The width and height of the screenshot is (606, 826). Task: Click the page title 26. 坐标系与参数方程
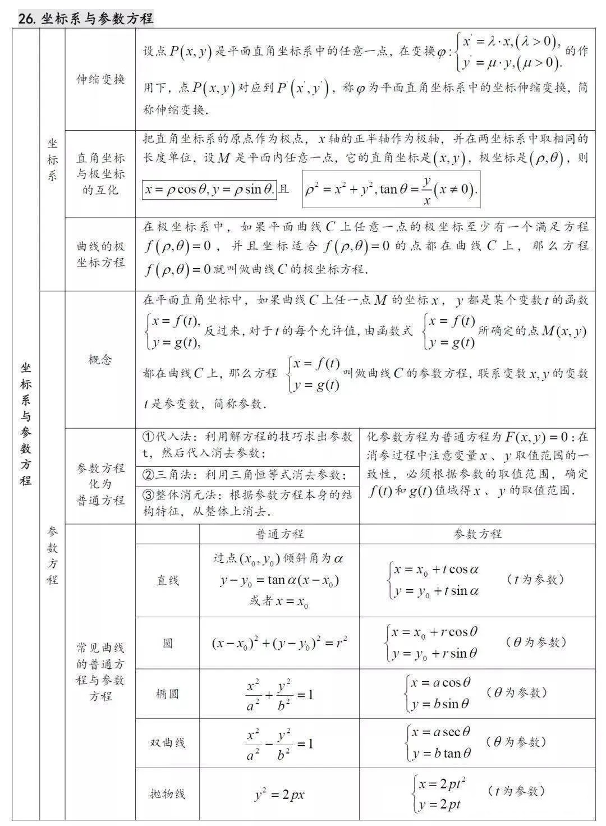pyautogui.click(x=85, y=19)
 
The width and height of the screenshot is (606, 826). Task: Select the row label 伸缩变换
pyautogui.click(x=100, y=79)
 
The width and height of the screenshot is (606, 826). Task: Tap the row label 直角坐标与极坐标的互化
pyautogui.click(x=100, y=174)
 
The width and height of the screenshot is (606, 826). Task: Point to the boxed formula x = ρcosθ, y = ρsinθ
pyautogui.click(x=209, y=190)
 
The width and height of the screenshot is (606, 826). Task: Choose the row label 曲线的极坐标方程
pyautogui.click(x=100, y=254)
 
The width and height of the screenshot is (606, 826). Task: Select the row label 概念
pyautogui.click(x=100, y=360)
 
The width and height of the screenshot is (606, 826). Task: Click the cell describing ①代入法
pyautogui.click(x=247, y=444)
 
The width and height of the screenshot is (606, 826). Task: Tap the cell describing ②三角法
pyautogui.click(x=247, y=475)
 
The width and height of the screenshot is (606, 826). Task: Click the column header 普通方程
pyautogui.click(x=279, y=534)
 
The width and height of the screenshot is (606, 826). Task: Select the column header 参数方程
pyautogui.click(x=477, y=534)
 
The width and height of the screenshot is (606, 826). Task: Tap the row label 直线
pyautogui.click(x=167, y=580)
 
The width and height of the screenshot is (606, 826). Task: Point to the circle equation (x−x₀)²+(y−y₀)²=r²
pyautogui.click(x=279, y=643)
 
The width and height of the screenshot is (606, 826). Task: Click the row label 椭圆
pyautogui.click(x=167, y=694)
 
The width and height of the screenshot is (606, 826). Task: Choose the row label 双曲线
pyautogui.click(x=167, y=743)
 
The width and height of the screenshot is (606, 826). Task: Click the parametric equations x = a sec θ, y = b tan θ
pyautogui.click(x=440, y=742)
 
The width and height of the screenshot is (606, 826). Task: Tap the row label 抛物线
pyautogui.click(x=167, y=794)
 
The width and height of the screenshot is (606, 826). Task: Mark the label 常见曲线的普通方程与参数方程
pyautogui.click(x=100, y=672)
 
